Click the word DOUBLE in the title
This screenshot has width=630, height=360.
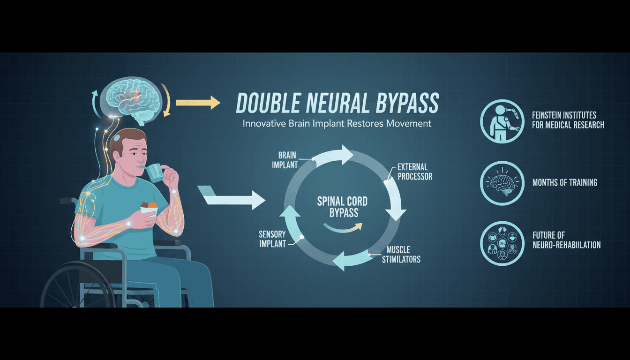[268, 103]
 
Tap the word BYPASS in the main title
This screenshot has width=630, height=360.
[407, 103]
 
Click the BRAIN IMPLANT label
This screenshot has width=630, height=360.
[285, 160]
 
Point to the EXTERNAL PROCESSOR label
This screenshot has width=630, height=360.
[415, 172]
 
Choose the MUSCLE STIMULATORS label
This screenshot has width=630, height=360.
[401, 254]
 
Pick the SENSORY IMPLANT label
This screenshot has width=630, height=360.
[272, 239]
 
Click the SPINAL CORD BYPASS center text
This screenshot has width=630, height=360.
[343, 207]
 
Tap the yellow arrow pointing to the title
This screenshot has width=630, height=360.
[198, 103]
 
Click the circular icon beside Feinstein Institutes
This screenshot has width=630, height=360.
[502, 121]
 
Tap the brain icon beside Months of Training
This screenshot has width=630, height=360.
[502, 183]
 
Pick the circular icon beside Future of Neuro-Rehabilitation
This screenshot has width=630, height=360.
[502, 244]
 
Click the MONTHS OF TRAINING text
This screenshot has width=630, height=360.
[565, 182]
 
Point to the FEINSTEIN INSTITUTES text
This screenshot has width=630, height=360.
[564, 115]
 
